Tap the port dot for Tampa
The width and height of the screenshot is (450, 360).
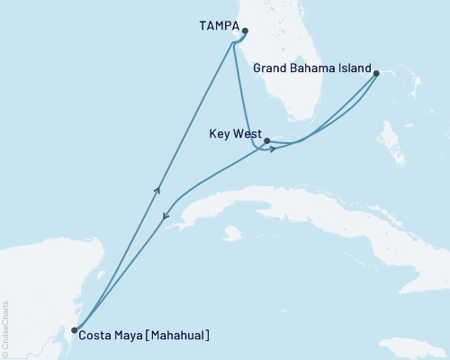click(x=246, y=31)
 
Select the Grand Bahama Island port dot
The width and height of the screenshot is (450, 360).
click(x=376, y=74)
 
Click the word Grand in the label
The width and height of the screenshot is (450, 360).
click(x=271, y=67)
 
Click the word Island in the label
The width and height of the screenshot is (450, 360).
click(x=354, y=67)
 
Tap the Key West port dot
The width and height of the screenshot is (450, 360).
click(x=267, y=140)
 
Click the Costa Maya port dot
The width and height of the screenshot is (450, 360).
click(x=75, y=330)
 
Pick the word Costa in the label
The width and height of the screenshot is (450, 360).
click(x=95, y=337)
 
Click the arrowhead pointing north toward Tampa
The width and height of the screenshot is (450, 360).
click(x=158, y=188)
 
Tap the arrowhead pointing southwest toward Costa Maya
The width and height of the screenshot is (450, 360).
click(x=165, y=216)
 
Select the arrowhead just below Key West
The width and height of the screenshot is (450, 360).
click(x=271, y=148)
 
